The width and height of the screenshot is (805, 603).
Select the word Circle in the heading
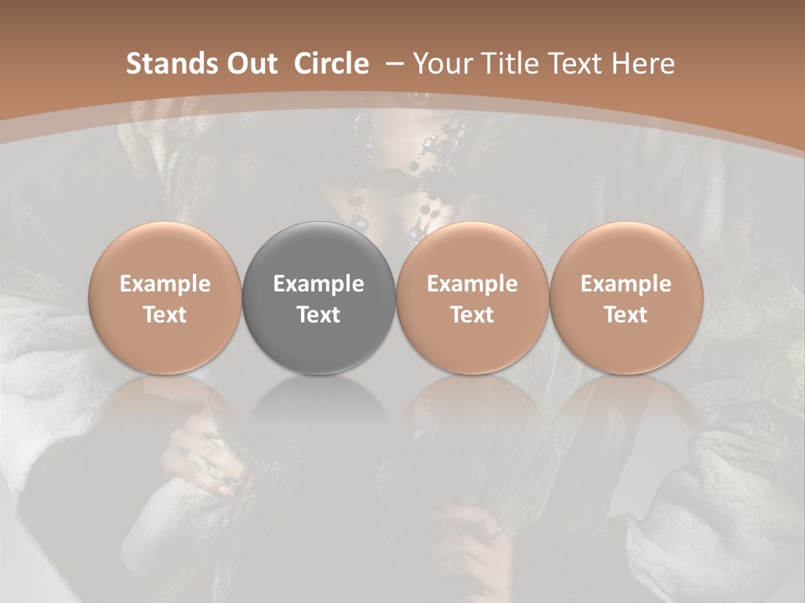pyautogui.click(x=331, y=64)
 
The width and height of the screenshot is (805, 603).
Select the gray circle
pyautogui.click(x=319, y=297)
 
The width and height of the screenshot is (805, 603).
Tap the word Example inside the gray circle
pyautogui.click(x=319, y=284)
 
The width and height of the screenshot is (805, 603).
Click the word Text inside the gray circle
pyautogui.click(x=319, y=315)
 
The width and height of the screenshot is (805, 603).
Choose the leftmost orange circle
pyautogui.click(x=165, y=297)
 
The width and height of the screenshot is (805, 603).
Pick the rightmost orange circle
pyautogui.click(x=626, y=297)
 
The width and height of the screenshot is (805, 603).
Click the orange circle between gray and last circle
pyautogui.click(x=472, y=297)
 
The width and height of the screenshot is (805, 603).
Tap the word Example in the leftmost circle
pyautogui.click(x=165, y=284)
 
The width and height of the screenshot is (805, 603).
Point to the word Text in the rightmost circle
pyautogui.click(x=626, y=315)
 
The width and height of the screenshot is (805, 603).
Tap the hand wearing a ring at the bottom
pyautogui.click(x=478, y=544)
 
